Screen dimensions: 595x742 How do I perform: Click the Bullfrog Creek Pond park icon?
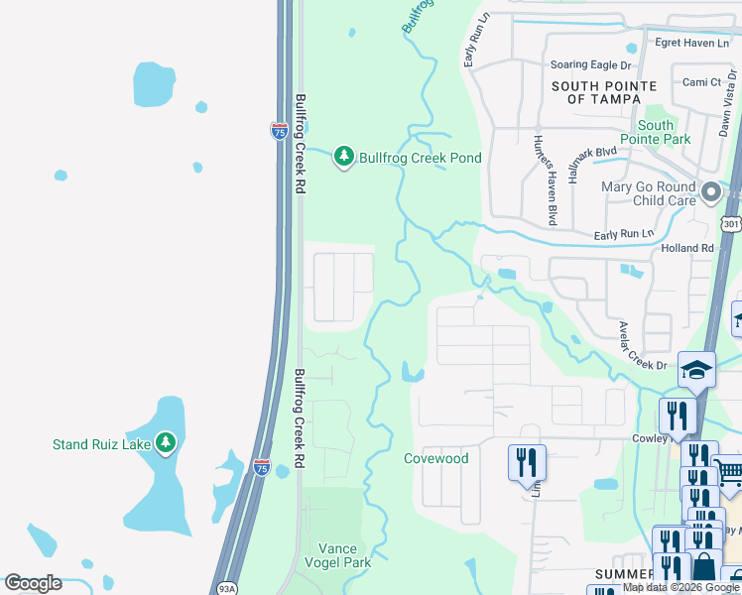[344, 157]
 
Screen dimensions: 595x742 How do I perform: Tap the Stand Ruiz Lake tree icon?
[166, 443]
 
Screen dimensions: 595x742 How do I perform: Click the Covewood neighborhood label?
[435, 458]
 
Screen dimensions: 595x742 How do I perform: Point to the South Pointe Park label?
[656, 132]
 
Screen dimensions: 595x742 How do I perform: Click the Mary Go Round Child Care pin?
[710, 192]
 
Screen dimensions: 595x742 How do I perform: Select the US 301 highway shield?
[732, 224]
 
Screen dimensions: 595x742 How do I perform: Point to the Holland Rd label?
[687, 248]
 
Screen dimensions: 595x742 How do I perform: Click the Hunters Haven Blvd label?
[543, 178]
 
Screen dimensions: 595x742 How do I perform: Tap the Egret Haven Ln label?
[691, 43]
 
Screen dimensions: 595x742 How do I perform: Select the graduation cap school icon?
[696, 371]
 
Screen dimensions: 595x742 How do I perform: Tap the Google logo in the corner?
[33, 583]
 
